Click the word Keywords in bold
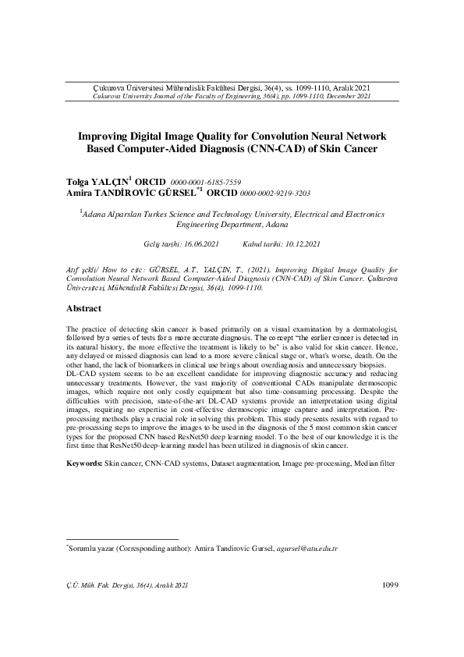[x=83, y=463]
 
